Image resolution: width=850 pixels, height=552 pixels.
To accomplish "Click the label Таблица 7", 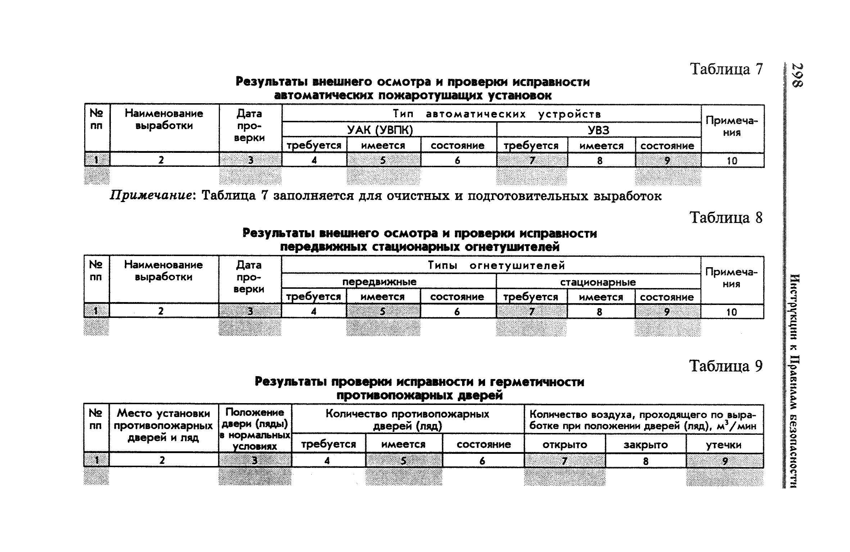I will (726, 69).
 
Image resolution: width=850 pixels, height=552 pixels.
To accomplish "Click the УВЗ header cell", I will (598, 130).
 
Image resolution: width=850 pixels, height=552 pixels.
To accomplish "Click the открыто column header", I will (565, 445).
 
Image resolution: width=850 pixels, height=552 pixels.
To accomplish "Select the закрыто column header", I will (646, 445).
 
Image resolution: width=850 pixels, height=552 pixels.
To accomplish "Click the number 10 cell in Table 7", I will (732, 161).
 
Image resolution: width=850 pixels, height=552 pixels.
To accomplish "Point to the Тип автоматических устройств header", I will (497, 114).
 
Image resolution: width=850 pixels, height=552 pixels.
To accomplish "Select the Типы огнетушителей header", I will (496, 266).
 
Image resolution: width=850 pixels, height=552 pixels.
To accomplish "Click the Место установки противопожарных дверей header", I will (163, 425).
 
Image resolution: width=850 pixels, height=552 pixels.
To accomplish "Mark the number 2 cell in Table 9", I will (162, 460).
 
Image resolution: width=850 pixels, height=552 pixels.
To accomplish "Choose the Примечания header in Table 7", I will (732, 126).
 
